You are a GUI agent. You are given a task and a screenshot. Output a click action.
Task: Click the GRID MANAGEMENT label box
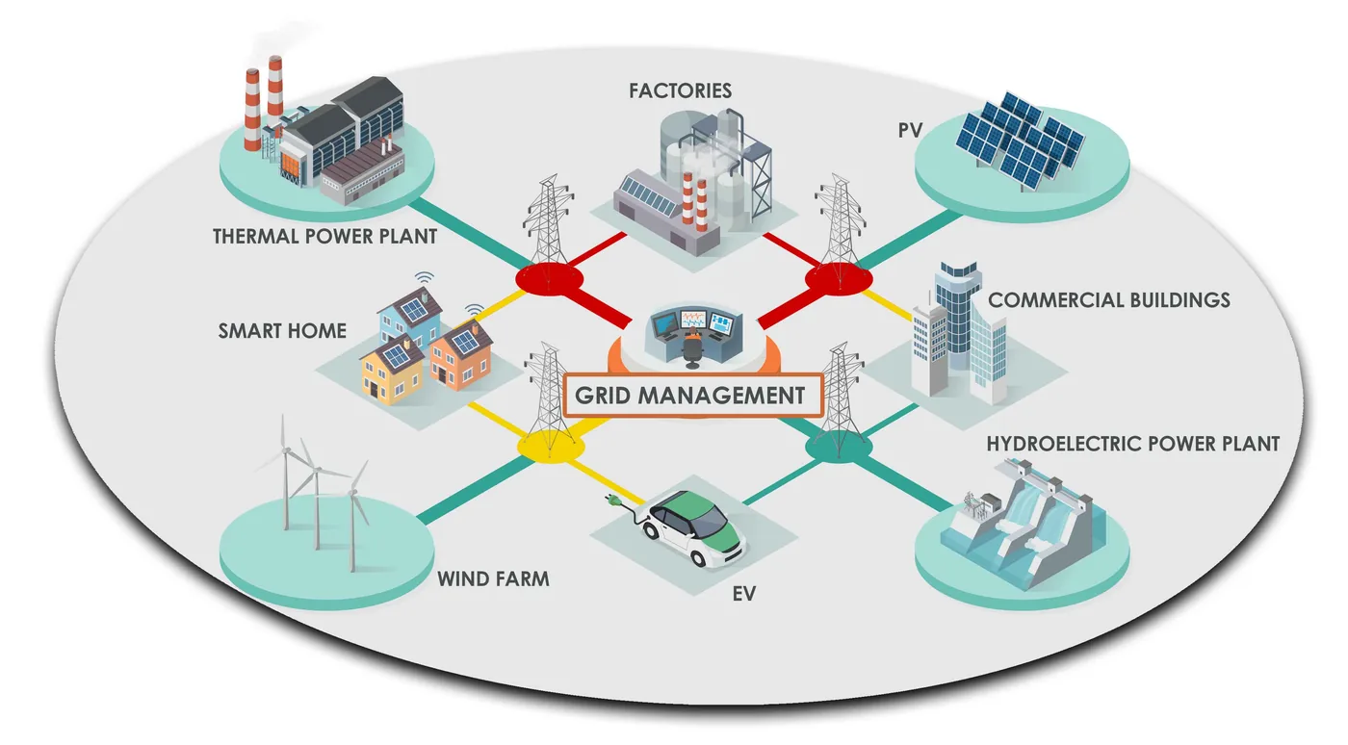pos(693,396)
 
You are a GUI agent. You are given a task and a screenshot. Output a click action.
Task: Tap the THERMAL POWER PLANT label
pos(325,237)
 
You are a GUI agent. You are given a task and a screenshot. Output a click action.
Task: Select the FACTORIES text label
pos(680,90)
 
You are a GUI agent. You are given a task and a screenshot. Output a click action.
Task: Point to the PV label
pos(910,131)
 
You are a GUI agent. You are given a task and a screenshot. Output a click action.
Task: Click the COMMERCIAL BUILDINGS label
pos(1108,300)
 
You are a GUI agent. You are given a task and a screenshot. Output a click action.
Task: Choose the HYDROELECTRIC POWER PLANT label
pos(1132,444)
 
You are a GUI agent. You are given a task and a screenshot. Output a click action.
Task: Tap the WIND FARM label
pos(493,578)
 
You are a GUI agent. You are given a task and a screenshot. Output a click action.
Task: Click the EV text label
pos(743,594)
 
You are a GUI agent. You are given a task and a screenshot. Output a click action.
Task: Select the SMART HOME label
pos(282,331)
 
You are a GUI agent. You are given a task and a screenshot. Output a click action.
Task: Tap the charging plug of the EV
pos(614,501)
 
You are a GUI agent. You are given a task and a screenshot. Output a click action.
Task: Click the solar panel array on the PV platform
pos(1020,140)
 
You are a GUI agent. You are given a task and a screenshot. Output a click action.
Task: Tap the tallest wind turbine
pos(285,475)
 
